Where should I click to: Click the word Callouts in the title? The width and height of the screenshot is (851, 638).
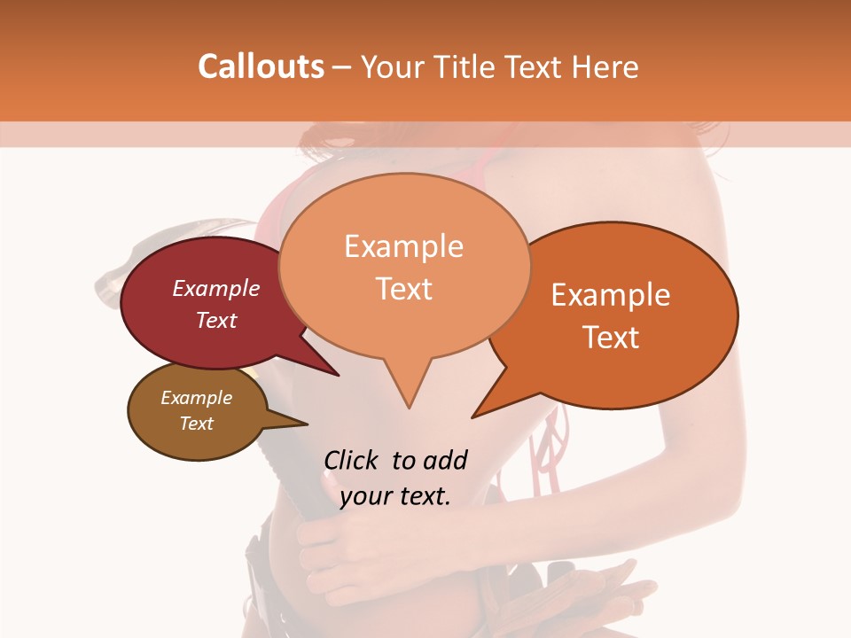[261, 66]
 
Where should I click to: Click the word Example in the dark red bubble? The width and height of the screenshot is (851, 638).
[216, 288]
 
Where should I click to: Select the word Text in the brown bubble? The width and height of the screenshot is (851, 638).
[197, 424]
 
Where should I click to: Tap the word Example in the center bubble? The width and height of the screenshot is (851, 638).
[403, 246]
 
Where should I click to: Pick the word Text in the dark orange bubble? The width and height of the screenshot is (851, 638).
[611, 338]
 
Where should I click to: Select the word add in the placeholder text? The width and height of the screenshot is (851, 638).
[445, 460]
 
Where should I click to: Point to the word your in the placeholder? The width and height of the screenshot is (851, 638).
[366, 496]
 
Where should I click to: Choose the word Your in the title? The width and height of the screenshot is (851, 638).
[394, 66]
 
